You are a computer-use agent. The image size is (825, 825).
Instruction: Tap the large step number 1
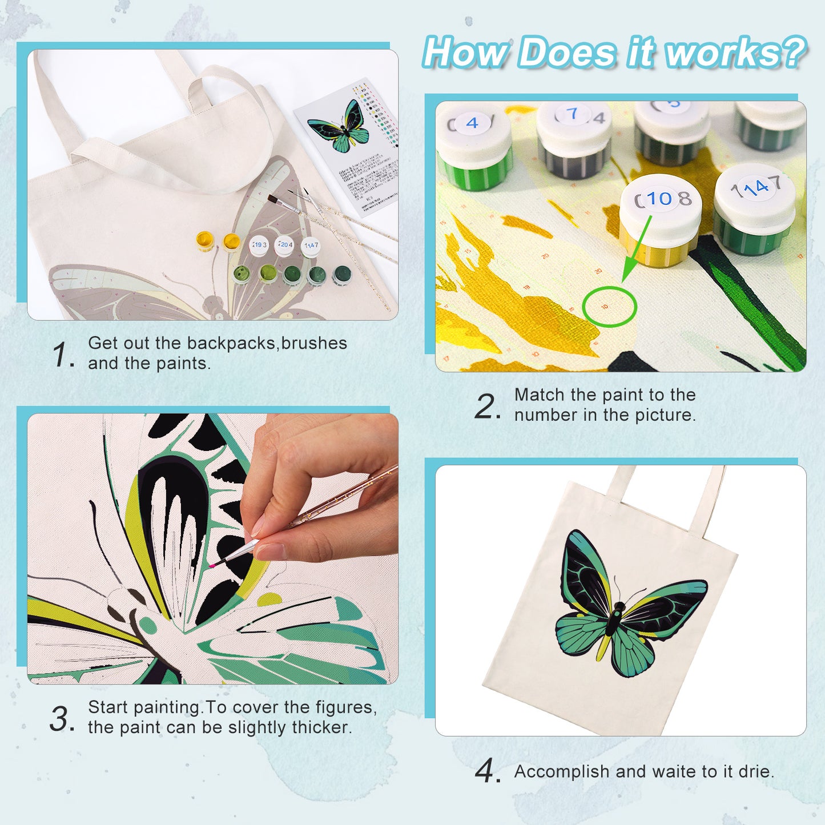62,355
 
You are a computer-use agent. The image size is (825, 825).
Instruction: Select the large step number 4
486,772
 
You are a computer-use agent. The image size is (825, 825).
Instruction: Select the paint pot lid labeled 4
473,123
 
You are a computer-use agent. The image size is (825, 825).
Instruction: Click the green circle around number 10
609,307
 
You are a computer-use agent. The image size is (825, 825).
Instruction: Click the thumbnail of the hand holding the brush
212,549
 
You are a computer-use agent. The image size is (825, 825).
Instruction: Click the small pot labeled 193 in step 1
259,245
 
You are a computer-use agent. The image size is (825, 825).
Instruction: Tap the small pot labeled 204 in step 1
284,245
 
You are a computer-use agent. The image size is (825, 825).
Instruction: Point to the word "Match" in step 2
540,395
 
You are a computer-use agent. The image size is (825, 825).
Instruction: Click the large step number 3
62,719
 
